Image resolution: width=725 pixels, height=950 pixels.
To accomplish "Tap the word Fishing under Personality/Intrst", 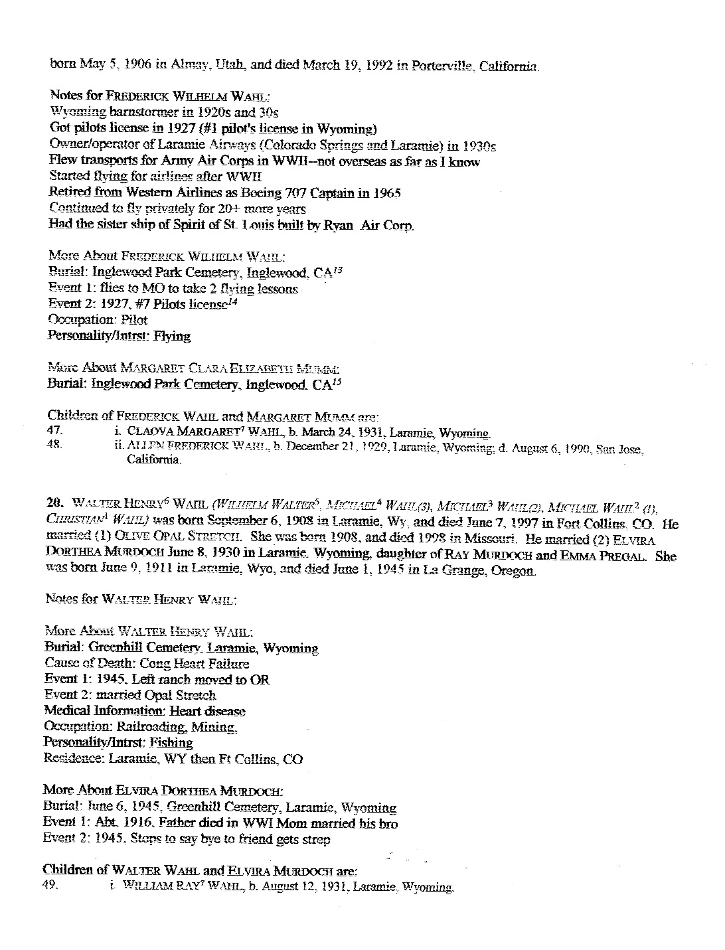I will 171,742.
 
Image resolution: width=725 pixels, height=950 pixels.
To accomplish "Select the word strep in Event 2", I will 315,839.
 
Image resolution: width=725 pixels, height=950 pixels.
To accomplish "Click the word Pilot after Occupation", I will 135,320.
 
